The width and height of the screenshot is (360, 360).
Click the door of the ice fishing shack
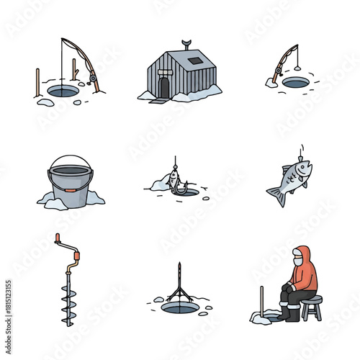pyautogui.click(x=164, y=87)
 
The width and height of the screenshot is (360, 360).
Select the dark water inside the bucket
pyautogui.click(x=70, y=171)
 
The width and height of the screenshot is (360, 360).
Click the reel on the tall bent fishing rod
pyautogui.click(x=91, y=76)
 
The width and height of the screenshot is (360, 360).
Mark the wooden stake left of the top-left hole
pyautogui.click(x=37, y=83)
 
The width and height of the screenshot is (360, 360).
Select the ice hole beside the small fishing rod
pyautogui.click(x=295, y=83)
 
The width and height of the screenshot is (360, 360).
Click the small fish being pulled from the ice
pyautogui.click(x=173, y=181)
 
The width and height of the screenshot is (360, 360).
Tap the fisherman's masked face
pyautogui.click(x=297, y=261)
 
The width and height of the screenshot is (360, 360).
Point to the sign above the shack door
pyautogui.click(x=164, y=72)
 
